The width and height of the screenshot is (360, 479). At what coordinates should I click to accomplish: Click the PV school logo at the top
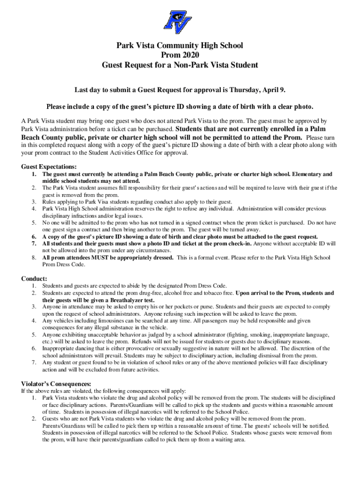[180, 21]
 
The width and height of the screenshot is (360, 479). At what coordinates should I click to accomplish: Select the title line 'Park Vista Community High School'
[180, 45]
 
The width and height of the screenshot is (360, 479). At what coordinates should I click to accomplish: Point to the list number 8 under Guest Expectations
[34, 258]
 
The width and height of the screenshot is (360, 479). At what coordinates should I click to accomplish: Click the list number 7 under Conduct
[34, 363]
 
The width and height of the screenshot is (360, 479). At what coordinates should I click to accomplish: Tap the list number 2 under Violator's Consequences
[34, 419]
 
